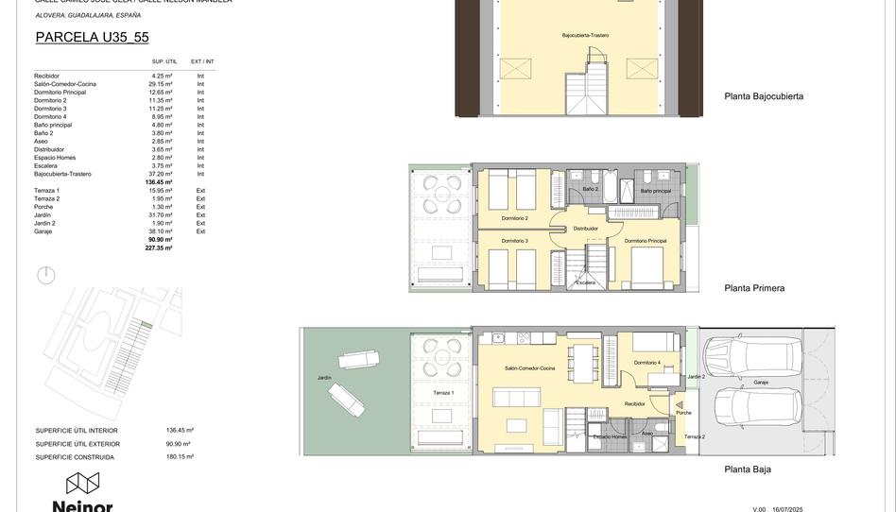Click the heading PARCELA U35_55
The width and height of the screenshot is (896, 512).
click(x=92, y=38)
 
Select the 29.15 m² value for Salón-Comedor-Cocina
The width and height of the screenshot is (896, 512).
click(x=162, y=84)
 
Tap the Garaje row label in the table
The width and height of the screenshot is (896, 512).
click(x=43, y=231)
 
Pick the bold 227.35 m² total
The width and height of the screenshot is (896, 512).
click(x=159, y=247)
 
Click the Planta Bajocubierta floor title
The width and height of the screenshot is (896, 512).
click(x=764, y=96)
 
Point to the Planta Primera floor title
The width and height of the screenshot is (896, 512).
click(x=754, y=288)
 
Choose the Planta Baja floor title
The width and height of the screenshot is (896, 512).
click(x=748, y=469)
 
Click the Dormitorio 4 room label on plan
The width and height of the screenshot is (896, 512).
click(x=647, y=363)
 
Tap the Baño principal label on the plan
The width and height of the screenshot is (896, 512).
click(x=656, y=191)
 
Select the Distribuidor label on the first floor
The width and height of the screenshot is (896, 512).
click(x=586, y=228)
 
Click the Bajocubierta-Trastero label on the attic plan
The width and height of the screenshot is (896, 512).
click(x=585, y=35)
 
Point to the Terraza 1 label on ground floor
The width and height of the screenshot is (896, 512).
click(x=443, y=392)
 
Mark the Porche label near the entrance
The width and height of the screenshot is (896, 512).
click(x=683, y=413)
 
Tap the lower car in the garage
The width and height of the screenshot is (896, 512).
click(x=758, y=407)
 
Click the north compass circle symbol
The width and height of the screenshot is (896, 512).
click(x=45, y=275)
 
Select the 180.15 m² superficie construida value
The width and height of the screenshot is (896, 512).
click(x=180, y=457)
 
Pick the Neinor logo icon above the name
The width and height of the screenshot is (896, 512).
click(x=82, y=484)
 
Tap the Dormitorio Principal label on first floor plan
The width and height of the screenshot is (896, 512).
click(x=646, y=241)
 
